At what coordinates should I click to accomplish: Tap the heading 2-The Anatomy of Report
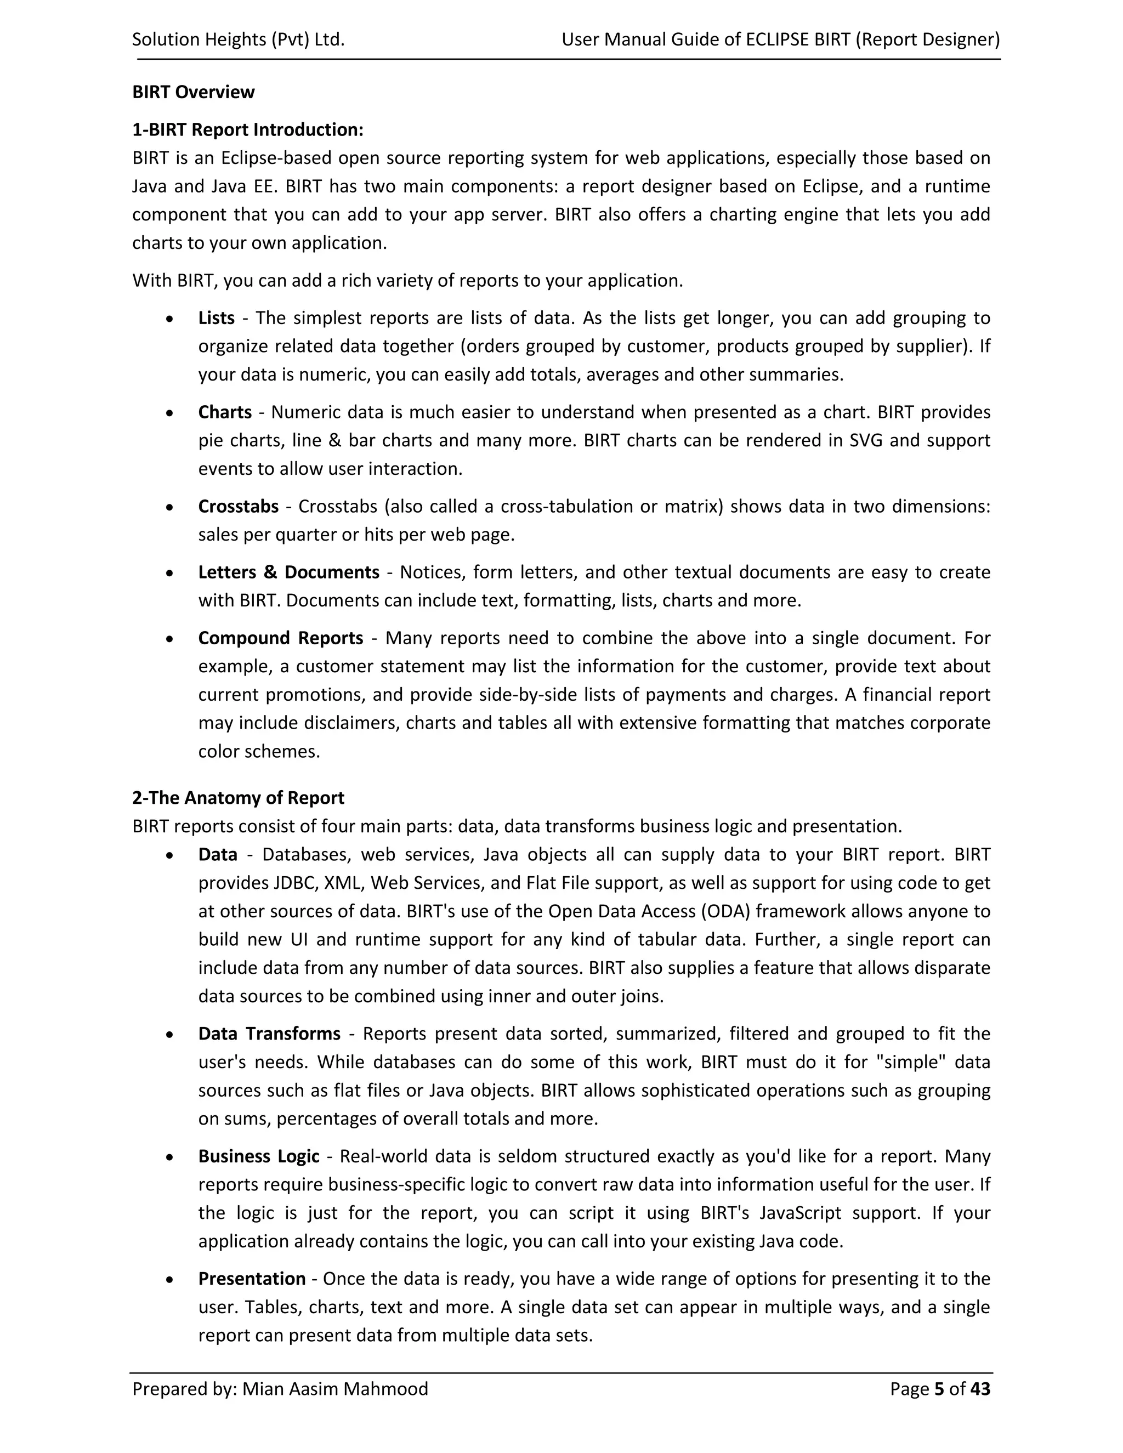click(238, 798)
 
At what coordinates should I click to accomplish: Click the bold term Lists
click(216, 318)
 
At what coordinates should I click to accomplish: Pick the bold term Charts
click(225, 412)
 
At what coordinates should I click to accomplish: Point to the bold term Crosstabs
click(238, 506)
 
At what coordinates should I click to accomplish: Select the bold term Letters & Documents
click(289, 572)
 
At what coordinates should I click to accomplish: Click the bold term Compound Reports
click(280, 638)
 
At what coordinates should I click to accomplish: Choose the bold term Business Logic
click(258, 1156)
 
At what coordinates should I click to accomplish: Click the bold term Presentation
click(252, 1279)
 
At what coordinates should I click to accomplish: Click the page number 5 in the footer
click(939, 1389)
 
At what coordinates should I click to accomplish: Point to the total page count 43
click(980, 1389)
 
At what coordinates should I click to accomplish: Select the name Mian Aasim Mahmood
click(334, 1389)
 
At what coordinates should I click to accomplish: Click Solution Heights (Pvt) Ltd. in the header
click(238, 40)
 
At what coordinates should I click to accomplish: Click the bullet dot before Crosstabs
click(171, 508)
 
